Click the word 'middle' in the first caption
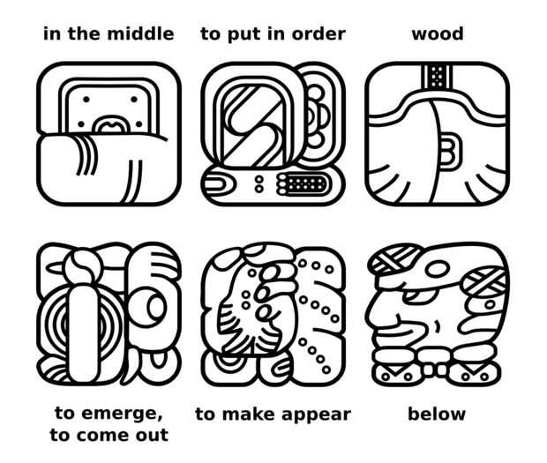tap(140, 34)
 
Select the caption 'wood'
tap(438, 34)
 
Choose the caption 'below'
tap(437, 414)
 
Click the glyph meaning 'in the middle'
tap(109, 134)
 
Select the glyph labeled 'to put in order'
tap(273, 134)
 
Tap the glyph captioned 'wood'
tap(437, 134)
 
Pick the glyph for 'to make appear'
tap(273, 315)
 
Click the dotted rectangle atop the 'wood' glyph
tap(437, 77)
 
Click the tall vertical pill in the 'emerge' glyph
tap(83, 333)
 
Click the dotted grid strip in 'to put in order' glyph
tap(302, 183)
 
